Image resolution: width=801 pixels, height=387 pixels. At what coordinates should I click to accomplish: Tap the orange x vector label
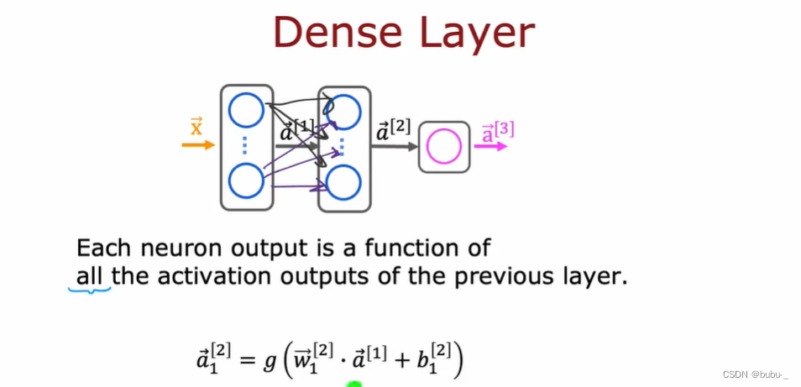pyautogui.click(x=196, y=127)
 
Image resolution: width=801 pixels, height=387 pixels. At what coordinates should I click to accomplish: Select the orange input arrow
pyautogui.click(x=198, y=145)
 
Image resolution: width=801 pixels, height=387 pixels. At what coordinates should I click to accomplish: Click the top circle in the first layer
pyautogui.click(x=246, y=111)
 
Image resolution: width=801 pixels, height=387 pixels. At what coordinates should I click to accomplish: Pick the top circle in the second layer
pyautogui.click(x=343, y=111)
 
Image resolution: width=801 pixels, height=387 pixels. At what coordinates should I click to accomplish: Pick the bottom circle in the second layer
pyautogui.click(x=343, y=183)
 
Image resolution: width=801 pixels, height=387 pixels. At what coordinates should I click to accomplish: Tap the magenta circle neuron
pyautogui.click(x=444, y=148)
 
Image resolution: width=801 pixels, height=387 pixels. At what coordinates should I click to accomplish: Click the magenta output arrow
pyautogui.click(x=491, y=146)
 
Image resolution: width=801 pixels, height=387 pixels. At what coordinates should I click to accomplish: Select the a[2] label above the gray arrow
pyautogui.click(x=393, y=130)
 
